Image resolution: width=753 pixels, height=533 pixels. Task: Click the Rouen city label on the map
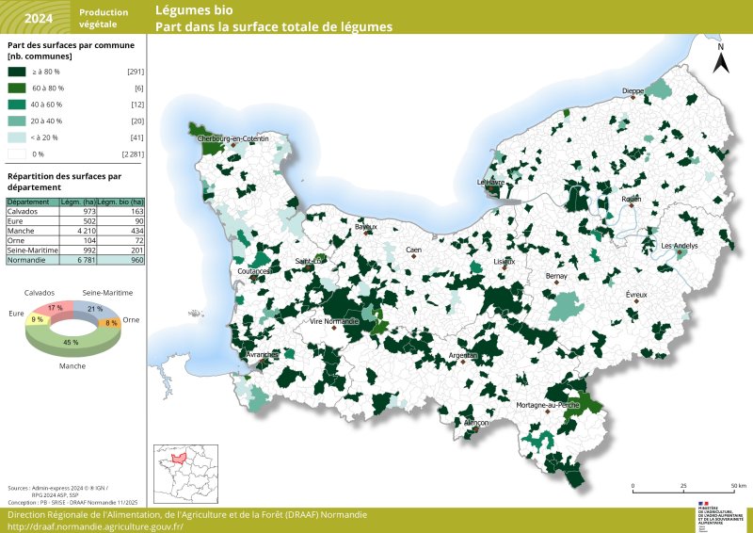[x=632, y=200]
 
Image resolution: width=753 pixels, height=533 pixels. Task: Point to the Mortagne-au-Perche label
[x=548, y=405]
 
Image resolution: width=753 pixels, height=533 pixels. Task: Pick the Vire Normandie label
[x=334, y=321]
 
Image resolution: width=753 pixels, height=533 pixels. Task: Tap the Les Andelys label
[x=680, y=247]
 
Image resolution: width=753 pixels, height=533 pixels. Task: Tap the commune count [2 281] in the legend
[x=132, y=153]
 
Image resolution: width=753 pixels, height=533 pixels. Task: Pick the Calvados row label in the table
[x=24, y=212]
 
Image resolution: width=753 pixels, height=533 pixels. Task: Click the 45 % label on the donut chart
[x=71, y=343]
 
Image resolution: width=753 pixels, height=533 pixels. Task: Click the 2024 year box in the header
[x=38, y=18]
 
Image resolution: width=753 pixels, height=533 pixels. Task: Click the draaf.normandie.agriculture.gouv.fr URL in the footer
[x=95, y=526]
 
